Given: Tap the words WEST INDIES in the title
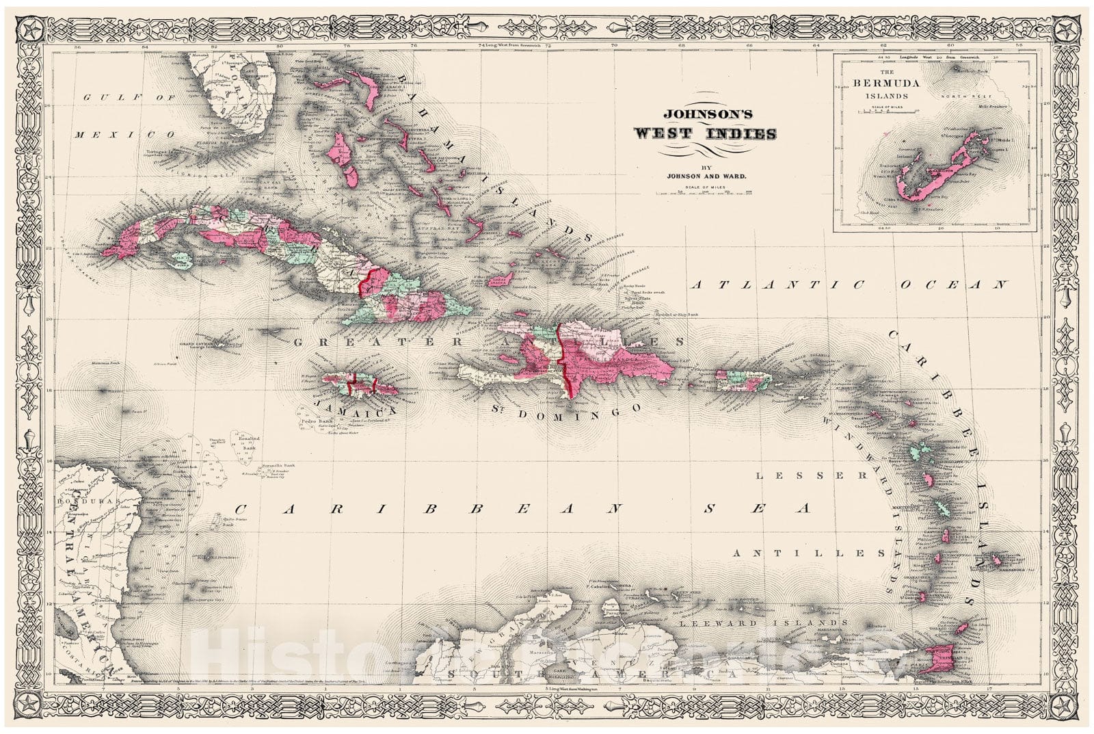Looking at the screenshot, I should point(705,133).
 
